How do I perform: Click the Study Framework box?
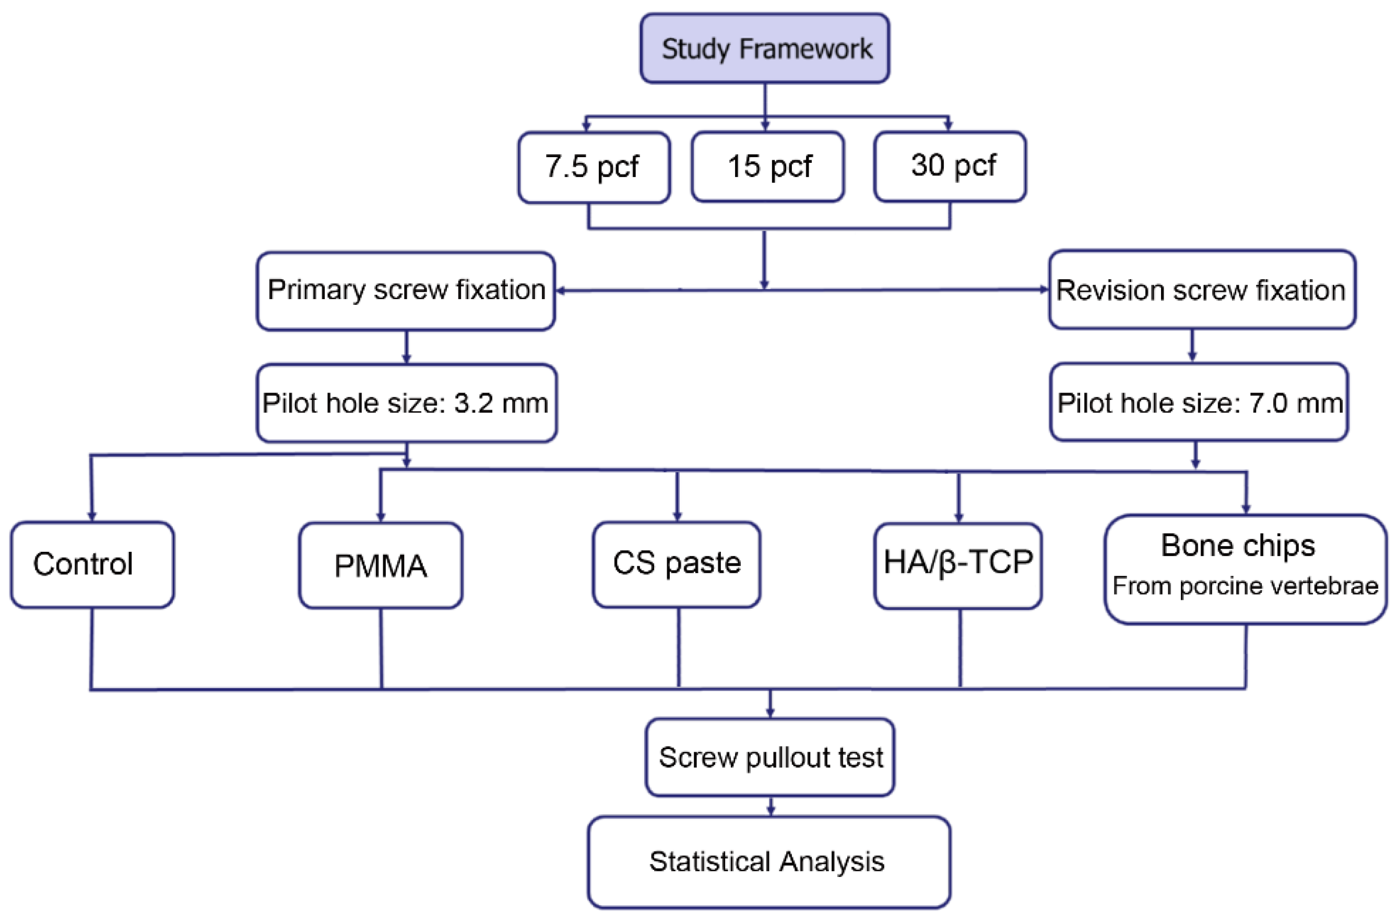pos(765,49)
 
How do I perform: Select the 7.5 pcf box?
pos(594,168)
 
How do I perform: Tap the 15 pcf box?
pos(767,167)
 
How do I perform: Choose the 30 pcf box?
pos(950,167)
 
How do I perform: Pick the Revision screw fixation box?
pos(1202,290)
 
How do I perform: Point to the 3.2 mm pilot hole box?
pos(407,403)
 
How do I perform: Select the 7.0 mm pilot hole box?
pos(1199,402)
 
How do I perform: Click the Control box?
pos(92,564)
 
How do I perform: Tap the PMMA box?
pos(381,566)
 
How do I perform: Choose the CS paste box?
pos(677,564)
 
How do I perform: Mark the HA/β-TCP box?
pos(958,566)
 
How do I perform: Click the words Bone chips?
pos(1238,545)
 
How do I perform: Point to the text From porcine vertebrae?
pos(1246,586)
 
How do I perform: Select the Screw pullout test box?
pos(770,757)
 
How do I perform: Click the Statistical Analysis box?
pos(769,862)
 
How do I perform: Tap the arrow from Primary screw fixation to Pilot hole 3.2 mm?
pos(406,347)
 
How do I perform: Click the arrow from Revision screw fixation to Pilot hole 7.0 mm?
pos(1192,345)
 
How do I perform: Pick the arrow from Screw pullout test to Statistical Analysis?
pos(771,806)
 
